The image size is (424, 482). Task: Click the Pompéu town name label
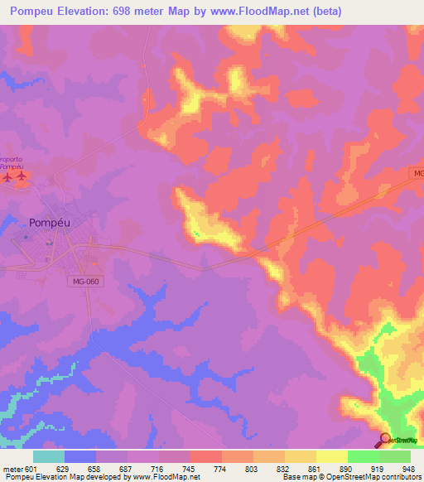tap(48, 222)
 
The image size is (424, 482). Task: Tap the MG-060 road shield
tap(84, 282)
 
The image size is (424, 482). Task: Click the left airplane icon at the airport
tap(7, 176)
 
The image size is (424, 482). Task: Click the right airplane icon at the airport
tap(22, 176)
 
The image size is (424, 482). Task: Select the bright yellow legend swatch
tap(331, 456)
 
